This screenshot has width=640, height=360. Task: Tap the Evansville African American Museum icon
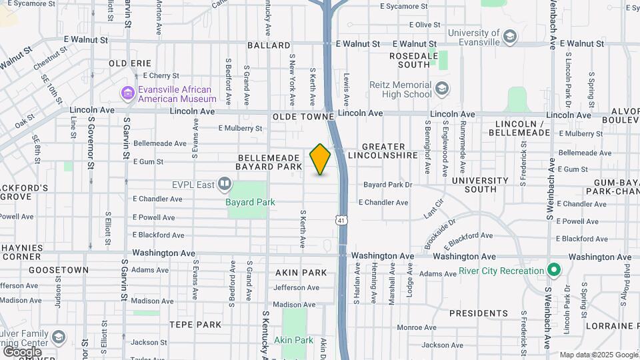[x=127, y=94]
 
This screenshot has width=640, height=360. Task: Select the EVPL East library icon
[x=225, y=184]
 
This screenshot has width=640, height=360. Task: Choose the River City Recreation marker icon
[x=553, y=271]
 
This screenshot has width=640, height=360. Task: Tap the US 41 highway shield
[x=341, y=219]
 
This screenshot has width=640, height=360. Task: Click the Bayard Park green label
[x=250, y=202]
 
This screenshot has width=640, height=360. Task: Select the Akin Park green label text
[x=293, y=340]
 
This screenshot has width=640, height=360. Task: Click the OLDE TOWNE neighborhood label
[x=303, y=117]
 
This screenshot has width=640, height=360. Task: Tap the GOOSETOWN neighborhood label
[x=59, y=270]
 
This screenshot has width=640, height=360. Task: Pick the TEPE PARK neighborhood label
[x=195, y=325]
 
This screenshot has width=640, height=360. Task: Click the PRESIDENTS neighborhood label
[x=478, y=313]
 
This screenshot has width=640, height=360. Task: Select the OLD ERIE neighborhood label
[x=130, y=63]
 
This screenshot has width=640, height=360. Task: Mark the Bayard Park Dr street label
[x=388, y=185]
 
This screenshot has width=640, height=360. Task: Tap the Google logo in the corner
[x=22, y=351]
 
